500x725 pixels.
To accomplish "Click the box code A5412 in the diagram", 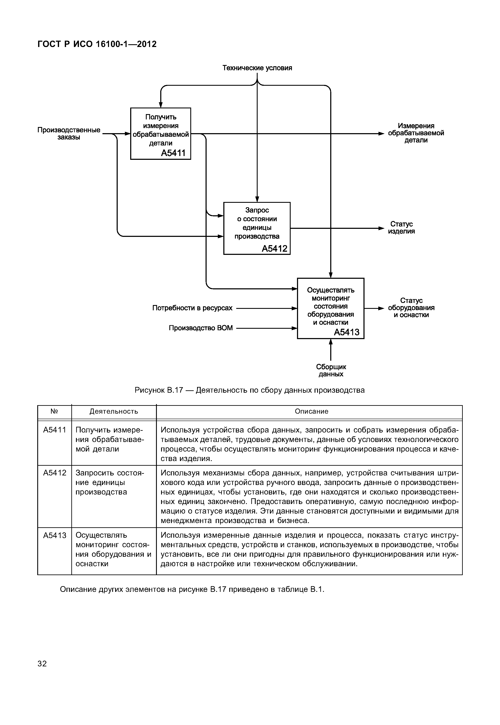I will (x=274, y=249).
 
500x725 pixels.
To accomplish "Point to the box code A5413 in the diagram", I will (x=347, y=332).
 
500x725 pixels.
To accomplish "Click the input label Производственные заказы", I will (x=69, y=134).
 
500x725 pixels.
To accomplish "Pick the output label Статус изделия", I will (x=401, y=228).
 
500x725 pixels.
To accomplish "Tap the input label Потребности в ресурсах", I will (x=192, y=308).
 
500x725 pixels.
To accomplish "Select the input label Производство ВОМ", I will (x=201, y=328).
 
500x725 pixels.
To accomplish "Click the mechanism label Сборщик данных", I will (x=331, y=370).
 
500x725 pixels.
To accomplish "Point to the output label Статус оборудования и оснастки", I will (x=411, y=308).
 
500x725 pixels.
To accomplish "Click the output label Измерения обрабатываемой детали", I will (x=416, y=133).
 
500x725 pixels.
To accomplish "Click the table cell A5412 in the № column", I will (x=55, y=473).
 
